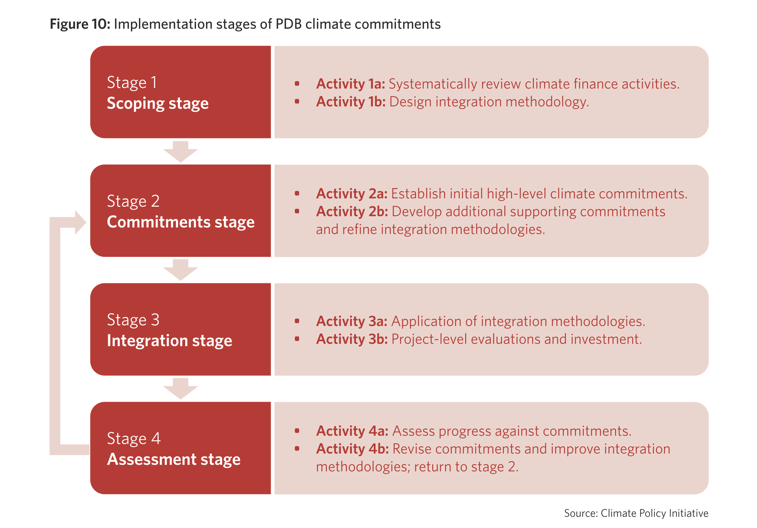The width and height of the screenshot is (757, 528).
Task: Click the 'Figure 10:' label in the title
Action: [80, 24]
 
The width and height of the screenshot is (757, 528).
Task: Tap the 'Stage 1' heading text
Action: [132, 83]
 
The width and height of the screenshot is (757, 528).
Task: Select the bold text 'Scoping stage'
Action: [158, 104]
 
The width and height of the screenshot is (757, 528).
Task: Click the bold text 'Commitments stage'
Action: [181, 222]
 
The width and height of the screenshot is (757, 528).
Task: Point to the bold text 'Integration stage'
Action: [170, 341]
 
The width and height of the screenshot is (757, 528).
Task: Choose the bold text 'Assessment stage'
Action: [174, 459]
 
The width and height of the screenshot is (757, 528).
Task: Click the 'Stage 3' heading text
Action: [133, 320]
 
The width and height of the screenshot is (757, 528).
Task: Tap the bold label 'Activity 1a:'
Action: [351, 84]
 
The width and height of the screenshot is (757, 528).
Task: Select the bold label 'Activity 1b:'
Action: [351, 102]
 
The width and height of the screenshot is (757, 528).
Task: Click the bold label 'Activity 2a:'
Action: [352, 194]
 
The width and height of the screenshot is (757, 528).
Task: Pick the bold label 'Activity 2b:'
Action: [352, 212]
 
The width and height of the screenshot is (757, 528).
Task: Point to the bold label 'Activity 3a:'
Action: [352, 322]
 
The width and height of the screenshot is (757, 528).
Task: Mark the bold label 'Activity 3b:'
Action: [352, 339]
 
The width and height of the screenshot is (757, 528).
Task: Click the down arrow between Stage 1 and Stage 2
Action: [180, 152]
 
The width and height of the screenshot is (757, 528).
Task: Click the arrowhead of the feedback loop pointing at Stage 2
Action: [80, 223]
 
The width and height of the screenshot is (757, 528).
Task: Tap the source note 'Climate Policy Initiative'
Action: [655, 513]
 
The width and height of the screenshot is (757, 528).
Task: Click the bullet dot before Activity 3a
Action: [297, 321]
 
